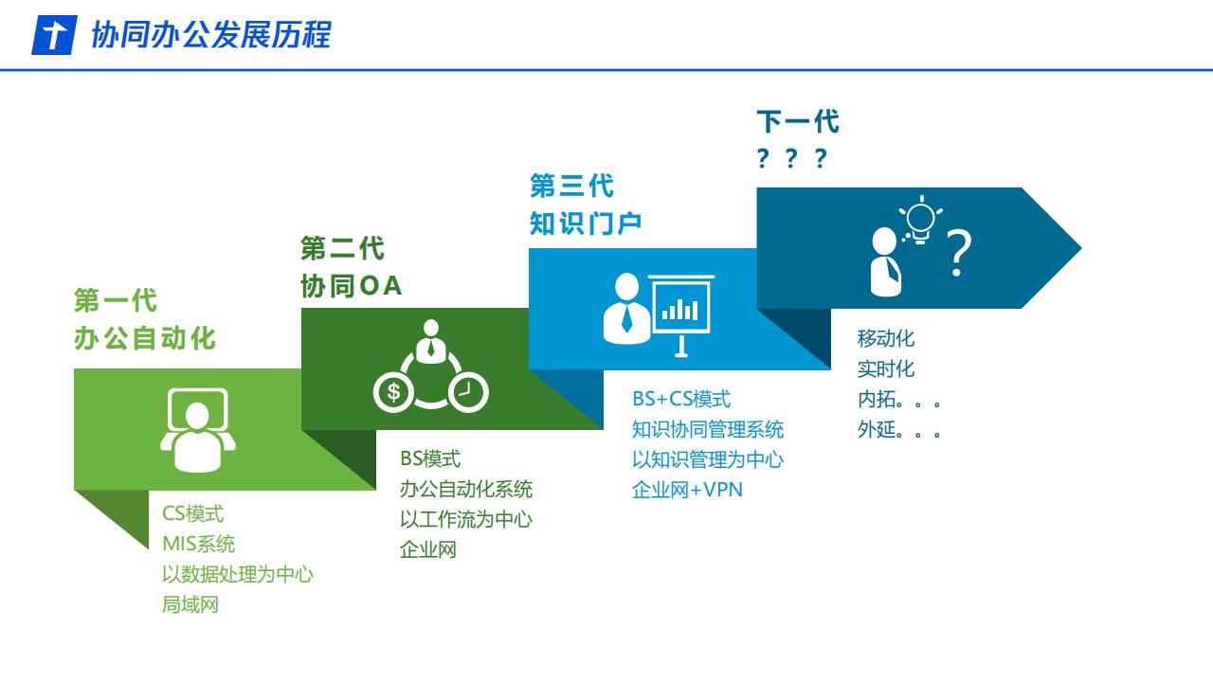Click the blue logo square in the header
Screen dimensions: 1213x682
coord(54,35)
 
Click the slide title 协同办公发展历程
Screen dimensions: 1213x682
coord(211,35)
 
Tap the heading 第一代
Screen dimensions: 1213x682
coord(116,300)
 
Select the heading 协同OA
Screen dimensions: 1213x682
coord(351,286)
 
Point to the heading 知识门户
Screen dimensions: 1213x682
coord(586,224)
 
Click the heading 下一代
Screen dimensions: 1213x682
coord(798,121)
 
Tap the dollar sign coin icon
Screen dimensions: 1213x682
coord(393,392)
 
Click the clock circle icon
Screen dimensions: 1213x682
coord(468,392)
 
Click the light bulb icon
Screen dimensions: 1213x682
coord(920,220)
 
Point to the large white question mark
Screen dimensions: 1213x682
coord(958,253)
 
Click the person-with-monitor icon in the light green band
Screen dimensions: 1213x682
coord(198,430)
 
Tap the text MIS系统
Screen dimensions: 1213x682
coord(198,544)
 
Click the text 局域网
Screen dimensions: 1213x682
coord(190,604)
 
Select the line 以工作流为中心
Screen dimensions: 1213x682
coord(466,520)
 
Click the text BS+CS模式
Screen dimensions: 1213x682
coord(681,399)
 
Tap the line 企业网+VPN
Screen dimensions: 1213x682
coord(687,490)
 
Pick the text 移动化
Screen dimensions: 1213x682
coord(886,338)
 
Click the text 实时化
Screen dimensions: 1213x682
coord(886,368)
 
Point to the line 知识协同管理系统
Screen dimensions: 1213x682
coord(708,429)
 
